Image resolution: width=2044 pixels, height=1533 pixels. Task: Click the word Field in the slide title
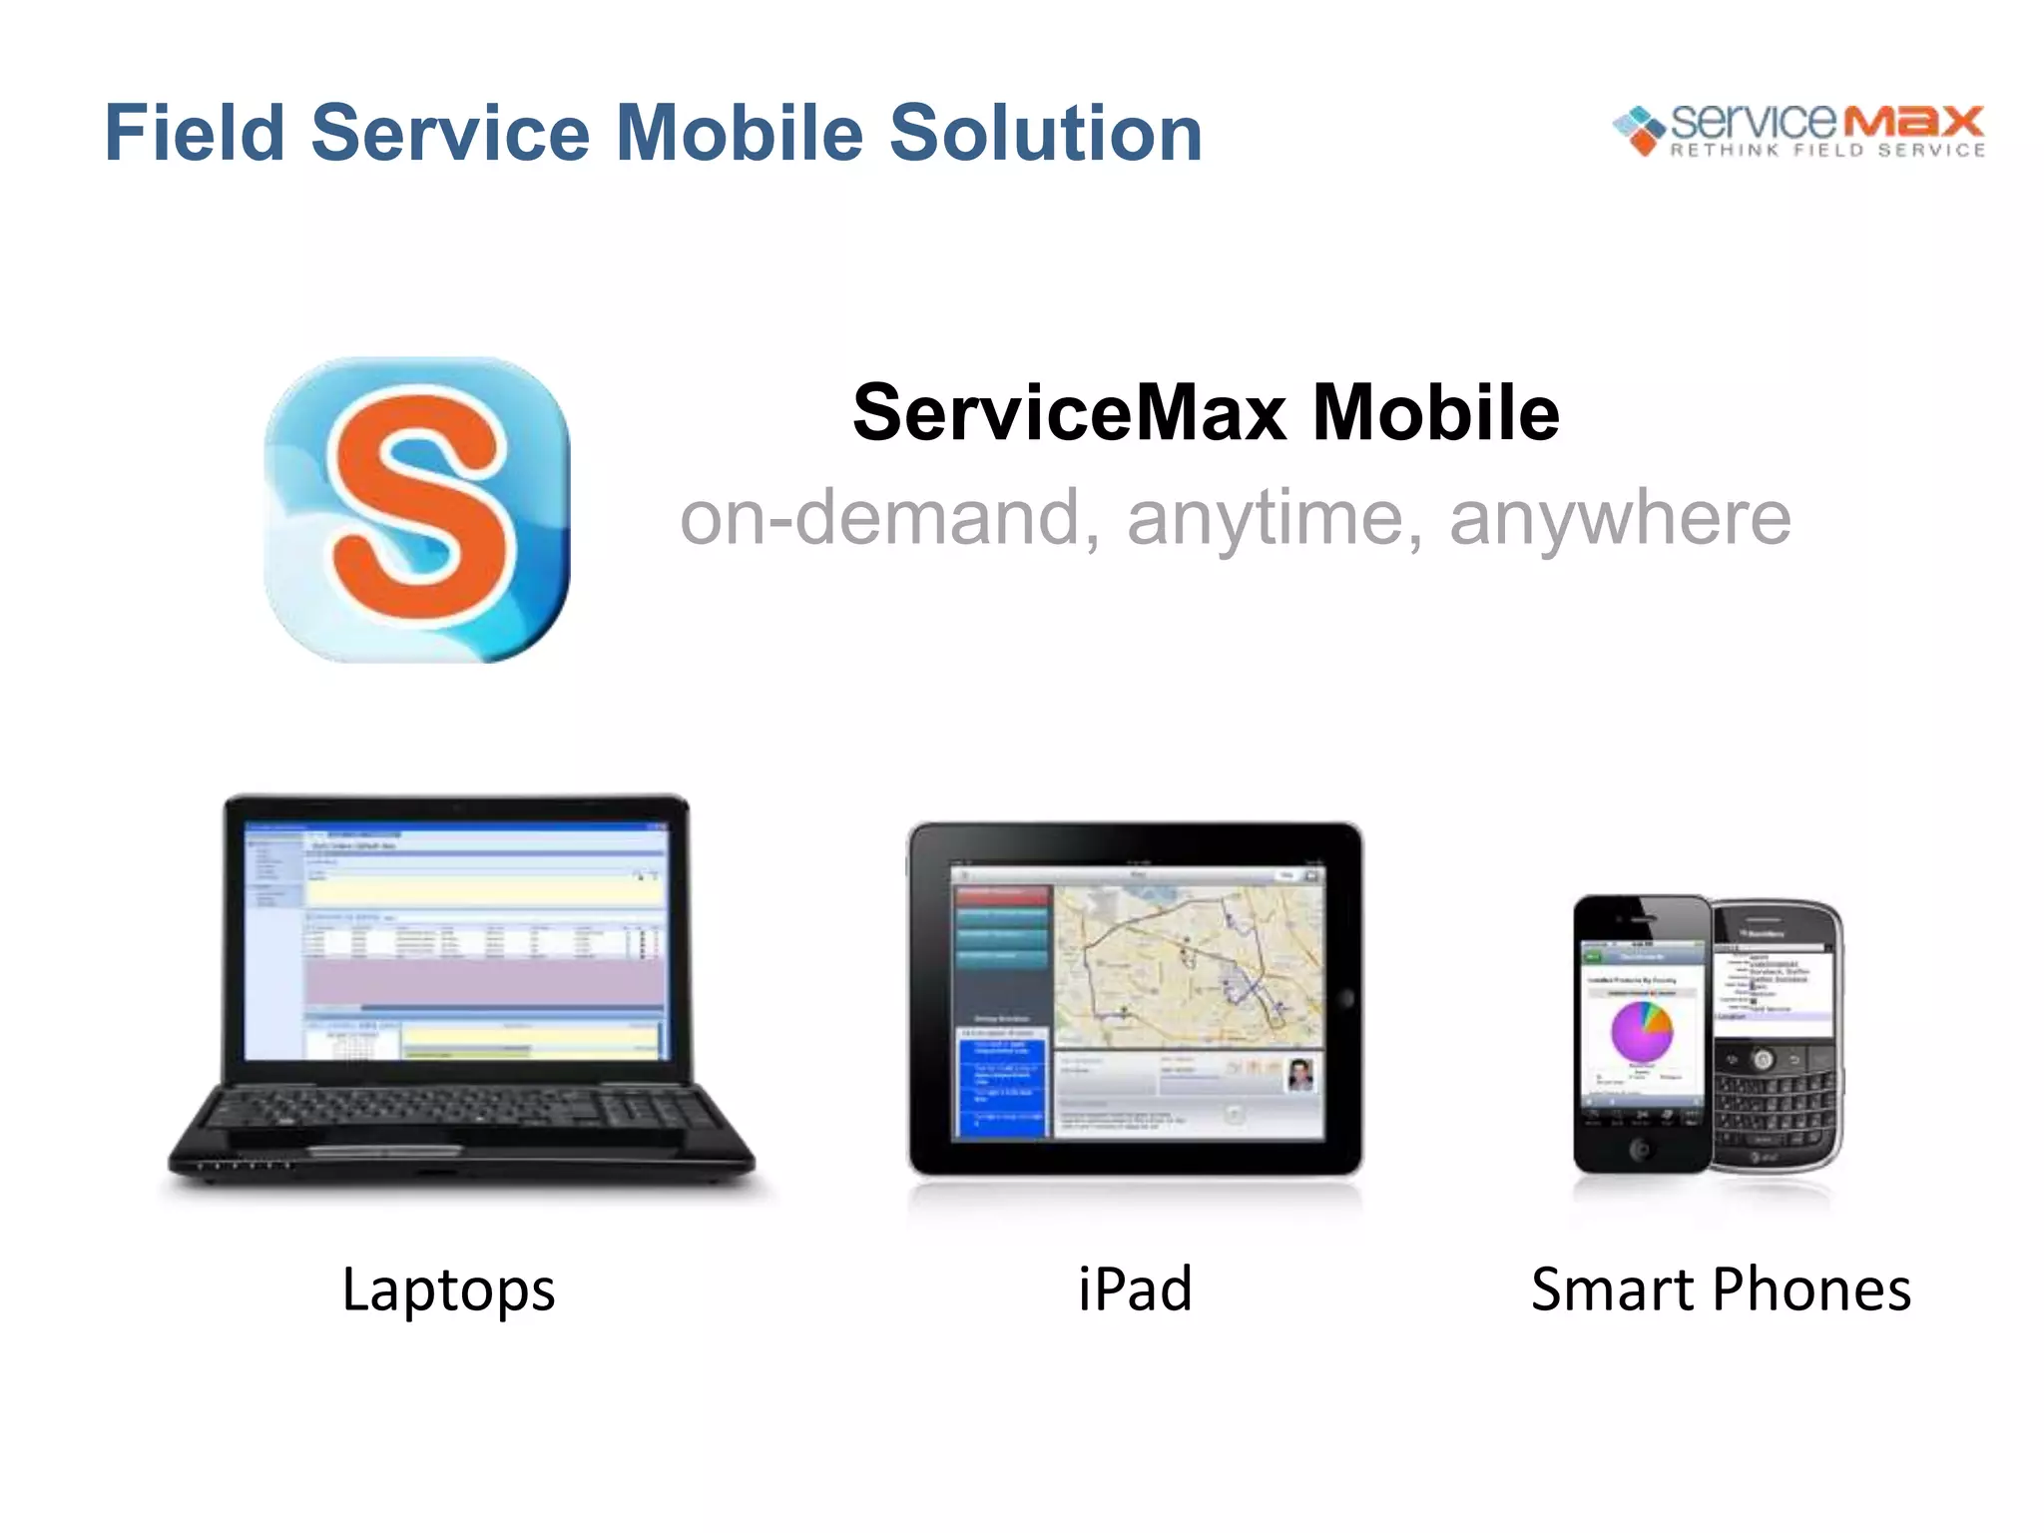click(195, 133)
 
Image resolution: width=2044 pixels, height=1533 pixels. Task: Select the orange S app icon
click(417, 510)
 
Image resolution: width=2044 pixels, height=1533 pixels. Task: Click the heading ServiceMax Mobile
click(1206, 413)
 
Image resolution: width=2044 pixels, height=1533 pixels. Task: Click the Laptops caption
click(448, 1288)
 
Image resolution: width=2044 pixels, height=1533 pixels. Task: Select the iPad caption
click(1135, 1288)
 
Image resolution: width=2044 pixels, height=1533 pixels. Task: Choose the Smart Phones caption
click(1721, 1288)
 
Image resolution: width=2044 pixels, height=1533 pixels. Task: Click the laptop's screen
click(455, 942)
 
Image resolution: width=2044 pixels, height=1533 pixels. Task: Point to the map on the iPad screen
click(1188, 964)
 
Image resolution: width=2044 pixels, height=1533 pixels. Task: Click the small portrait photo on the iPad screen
click(1299, 1075)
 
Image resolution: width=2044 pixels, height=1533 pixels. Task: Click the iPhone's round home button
click(1640, 1150)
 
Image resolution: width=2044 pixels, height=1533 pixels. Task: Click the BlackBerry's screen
click(1774, 987)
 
